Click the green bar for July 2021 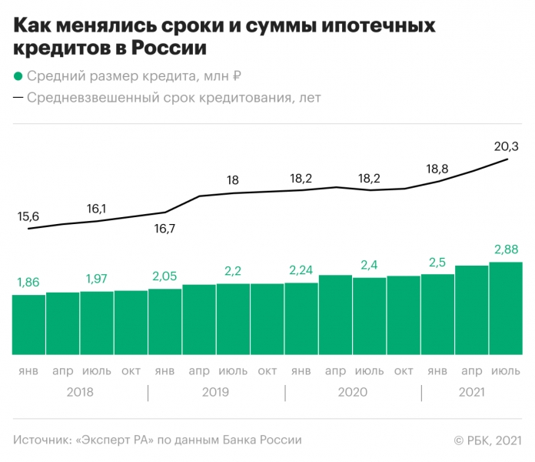tap(506, 308)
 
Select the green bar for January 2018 tap(28, 324)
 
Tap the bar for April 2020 tap(335, 314)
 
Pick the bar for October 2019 tap(267, 319)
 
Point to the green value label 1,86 tap(28, 283)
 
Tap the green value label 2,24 tap(301, 270)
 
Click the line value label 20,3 tap(506, 146)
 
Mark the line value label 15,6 tap(28, 216)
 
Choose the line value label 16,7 tap(164, 229)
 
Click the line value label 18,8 tap(437, 169)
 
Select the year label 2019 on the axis tap(216, 392)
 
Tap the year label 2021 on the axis tap(471, 392)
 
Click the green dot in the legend tap(18, 76)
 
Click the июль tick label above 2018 tap(96, 371)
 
